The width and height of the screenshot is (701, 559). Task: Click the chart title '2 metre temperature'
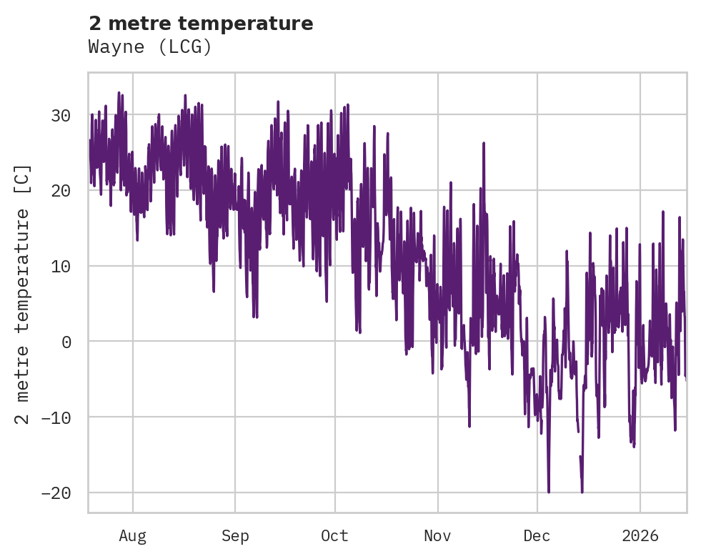click(x=201, y=24)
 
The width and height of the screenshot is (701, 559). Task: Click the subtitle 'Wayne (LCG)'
click(x=150, y=47)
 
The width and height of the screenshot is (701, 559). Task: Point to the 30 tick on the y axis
click(x=61, y=115)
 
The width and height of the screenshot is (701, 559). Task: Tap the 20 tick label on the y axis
click(x=61, y=191)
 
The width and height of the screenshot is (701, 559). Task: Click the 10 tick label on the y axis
click(x=61, y=267)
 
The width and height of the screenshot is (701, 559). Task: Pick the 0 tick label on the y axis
click(x=66, y=342)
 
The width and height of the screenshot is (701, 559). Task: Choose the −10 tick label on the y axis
click(x=56, y=417)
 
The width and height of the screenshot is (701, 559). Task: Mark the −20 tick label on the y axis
click(x=56, y=493)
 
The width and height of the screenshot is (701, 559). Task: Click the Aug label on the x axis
click(x=133, y=536)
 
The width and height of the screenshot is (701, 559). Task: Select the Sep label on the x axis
click(x=235, y=536)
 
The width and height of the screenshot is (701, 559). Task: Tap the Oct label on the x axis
click(x=334, y=536)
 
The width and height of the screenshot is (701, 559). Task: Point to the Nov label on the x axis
click(x=437, y=536)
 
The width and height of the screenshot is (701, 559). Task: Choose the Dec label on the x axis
click(x=537, y=536)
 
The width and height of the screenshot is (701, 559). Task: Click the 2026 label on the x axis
click(x=640, y=536)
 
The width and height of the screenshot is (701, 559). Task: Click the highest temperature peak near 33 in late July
click(x=119, y=93)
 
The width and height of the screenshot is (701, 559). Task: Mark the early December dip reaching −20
click(x=549, y=491)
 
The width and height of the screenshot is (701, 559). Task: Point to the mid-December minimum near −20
click(x=582, y=491)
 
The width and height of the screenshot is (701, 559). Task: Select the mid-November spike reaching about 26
click(x=484, y=144)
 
